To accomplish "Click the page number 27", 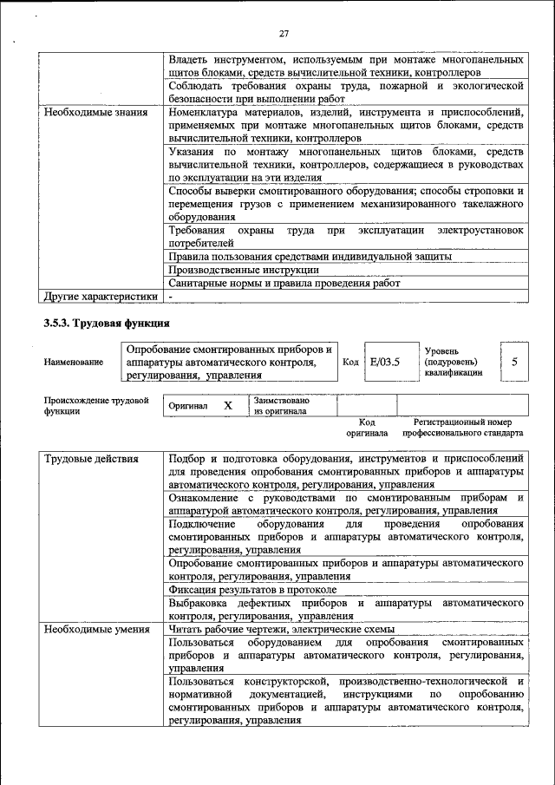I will click(x=283, y=34).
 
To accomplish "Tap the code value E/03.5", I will click(x=384, y=362).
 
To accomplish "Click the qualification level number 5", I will click(x=515, y=362).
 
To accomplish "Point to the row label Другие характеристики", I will click(x=101, y=296).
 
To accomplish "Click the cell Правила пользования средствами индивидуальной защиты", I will click(x=310, y=257).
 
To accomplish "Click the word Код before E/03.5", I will click(x=350, y=363).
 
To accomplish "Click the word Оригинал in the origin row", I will click(x=188, y=406).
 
